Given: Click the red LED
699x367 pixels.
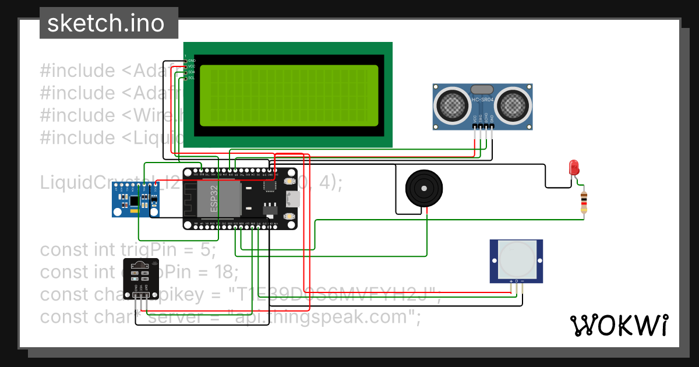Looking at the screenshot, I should [x=574, y=167].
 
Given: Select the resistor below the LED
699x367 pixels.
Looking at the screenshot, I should [x=584, y=202].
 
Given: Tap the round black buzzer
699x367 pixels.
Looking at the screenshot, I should [x=424, y=188].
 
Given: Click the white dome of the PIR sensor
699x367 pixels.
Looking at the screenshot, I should [x=516, y=259].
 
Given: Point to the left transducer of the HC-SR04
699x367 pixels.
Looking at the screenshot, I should [x=453, y=104].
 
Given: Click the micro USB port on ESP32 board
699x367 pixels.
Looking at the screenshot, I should [x=292, y=199].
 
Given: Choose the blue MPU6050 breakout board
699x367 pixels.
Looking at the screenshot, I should [x=135, y=200].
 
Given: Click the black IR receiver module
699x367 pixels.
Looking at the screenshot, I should [x=140, y=278].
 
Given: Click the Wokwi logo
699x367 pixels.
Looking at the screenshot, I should [x=619, y=326].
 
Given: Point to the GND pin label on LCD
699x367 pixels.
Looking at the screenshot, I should [x=192, y=61].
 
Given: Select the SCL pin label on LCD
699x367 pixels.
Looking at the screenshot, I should [x=192, y=77].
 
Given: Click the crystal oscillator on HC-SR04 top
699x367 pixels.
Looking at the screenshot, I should [x=482, y=89].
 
